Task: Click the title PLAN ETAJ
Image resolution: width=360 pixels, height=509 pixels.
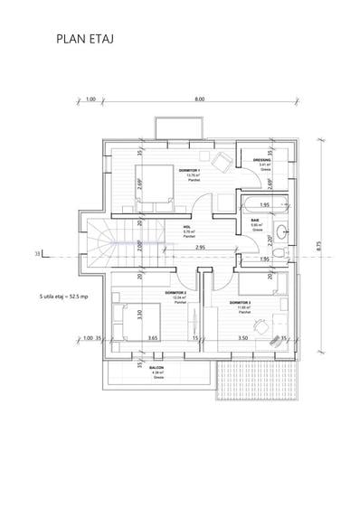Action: pos(83,40)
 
